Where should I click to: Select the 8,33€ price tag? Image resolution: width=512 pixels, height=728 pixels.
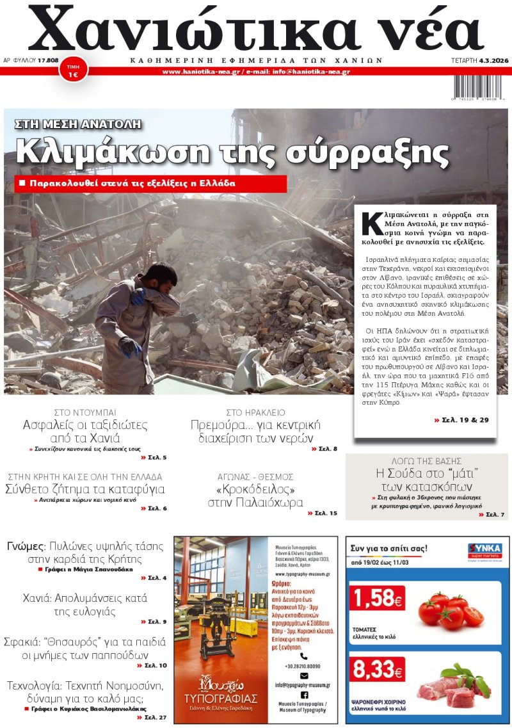376,670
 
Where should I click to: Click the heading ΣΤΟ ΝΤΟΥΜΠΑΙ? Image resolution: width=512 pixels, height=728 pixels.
85,412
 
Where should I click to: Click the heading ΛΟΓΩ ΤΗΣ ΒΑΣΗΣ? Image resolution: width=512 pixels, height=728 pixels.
426,461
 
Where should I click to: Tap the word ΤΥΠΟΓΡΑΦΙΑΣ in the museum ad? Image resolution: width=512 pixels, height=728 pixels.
220,697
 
